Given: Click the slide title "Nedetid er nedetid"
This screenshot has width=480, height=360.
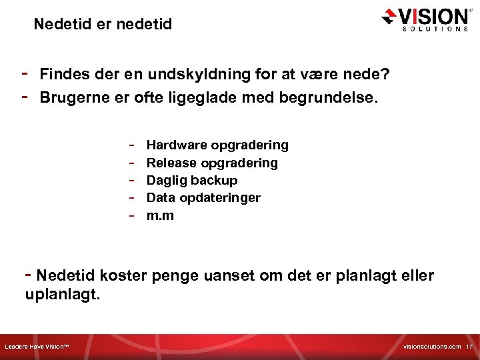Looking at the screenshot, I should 103,25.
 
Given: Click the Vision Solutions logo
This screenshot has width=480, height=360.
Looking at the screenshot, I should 425,19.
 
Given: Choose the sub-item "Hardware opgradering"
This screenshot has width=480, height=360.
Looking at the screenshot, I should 217,145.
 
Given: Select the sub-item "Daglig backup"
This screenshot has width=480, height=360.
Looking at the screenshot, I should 192,180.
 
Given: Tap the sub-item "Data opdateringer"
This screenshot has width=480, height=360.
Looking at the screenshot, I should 203,197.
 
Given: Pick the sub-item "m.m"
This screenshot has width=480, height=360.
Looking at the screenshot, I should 160,215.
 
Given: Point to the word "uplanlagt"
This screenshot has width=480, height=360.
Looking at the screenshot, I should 61,294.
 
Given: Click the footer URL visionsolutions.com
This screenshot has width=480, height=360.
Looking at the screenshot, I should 432,347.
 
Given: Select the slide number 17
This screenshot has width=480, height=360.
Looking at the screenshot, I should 469,347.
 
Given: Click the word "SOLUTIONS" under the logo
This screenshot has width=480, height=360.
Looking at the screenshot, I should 434,29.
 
